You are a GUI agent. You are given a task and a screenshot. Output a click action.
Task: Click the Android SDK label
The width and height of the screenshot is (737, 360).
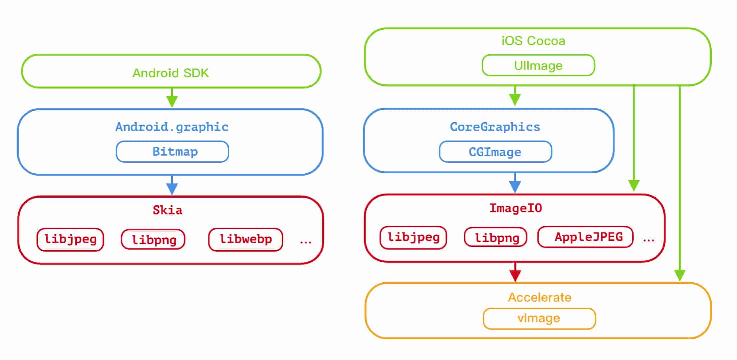tap(171, 73)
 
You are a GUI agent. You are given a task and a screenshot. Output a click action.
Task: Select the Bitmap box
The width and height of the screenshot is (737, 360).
tap(172, 152)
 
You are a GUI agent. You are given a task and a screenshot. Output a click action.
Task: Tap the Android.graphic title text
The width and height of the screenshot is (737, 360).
tap(172, 127)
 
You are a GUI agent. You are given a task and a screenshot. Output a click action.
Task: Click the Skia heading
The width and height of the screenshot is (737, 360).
tap(167, 210)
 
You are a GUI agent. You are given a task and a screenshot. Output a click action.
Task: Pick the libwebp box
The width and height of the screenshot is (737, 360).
tap(246, 239)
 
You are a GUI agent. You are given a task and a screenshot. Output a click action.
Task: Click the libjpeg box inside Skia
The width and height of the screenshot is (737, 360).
tap(70, 239)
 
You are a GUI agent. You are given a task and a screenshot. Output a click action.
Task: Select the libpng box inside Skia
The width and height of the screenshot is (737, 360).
tap(153, 239)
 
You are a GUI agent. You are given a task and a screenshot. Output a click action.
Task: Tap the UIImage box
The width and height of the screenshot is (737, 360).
tap(538, 65)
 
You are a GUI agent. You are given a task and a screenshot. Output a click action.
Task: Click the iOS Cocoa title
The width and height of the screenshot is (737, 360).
tap(533, 41)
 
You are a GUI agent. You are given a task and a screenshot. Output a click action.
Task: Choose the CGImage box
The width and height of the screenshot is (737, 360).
tap(495, 152)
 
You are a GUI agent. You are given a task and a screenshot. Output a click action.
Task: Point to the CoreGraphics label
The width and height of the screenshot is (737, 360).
tap(495, 127)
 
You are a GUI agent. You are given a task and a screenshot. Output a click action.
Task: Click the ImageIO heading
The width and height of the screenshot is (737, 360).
tap(515, 208)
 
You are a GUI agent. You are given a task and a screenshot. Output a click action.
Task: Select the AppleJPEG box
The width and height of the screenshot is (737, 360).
tap(585, 237)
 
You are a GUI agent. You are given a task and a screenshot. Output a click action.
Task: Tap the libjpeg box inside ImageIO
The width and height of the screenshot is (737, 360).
tap(413, 237)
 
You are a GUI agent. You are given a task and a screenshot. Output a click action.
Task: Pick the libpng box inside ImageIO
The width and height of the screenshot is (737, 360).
tap(496, 237)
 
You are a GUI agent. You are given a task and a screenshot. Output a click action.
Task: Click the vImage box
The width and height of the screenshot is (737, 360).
tap(539, 318)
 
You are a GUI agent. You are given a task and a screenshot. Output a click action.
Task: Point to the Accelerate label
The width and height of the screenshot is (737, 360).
tap(539, 297)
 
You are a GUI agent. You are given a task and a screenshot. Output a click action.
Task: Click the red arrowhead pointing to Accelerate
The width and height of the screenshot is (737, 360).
tap(515, 275)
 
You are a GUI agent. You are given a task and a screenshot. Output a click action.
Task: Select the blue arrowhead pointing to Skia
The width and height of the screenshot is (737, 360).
tap(172, 188)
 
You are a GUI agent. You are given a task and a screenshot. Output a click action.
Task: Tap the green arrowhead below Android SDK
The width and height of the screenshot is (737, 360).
tap(172, 101)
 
